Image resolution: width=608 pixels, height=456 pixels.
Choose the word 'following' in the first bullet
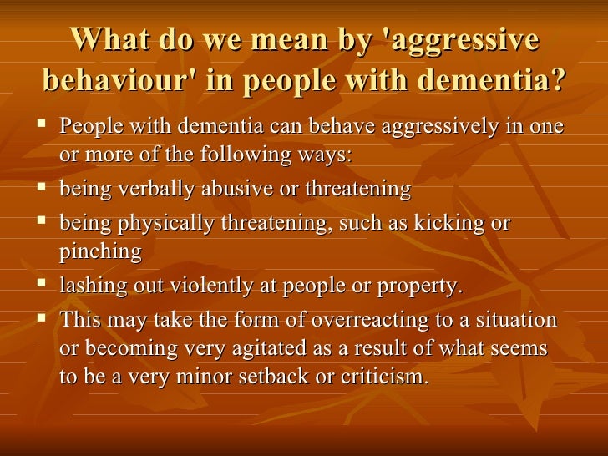coord(250,155)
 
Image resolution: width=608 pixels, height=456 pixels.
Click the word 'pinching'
coord(101,252)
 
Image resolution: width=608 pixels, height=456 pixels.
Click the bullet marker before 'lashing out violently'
coord(44,284)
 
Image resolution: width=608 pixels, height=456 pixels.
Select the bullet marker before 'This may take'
coord(44,318)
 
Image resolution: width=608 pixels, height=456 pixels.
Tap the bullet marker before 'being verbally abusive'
coord(44,188)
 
